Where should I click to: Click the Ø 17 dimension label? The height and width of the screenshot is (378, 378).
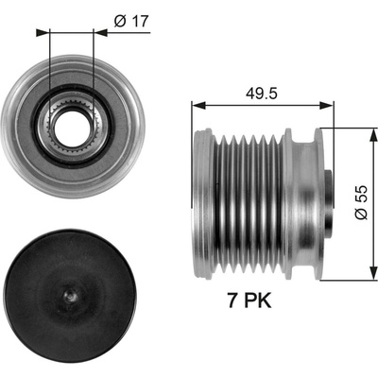tap(131, 22)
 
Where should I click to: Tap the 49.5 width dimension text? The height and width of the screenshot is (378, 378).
tap(262, 94)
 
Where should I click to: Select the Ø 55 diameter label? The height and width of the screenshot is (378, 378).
tap(361, 202)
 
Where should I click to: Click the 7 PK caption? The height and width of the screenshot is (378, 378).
tap(249, 300)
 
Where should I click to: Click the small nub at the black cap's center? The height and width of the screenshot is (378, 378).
tap(70, 296)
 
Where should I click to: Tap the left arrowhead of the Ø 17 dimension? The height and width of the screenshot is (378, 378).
tap(43, 32)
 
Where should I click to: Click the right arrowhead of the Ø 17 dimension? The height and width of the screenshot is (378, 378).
tap(101, 32)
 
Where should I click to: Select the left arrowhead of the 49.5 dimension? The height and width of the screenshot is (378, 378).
tap(198, 106)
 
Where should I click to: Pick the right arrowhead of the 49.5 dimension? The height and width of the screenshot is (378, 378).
tap(326, 106)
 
